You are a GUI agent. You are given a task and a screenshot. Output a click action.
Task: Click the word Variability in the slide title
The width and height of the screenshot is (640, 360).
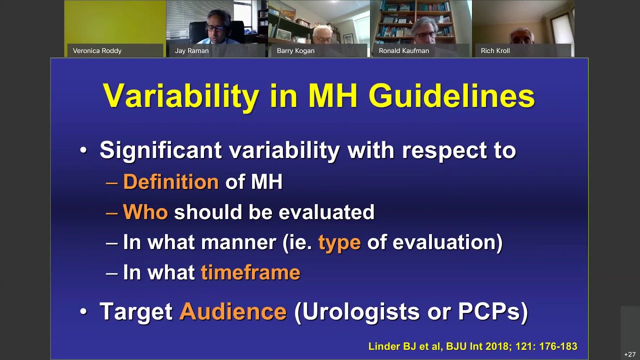180,96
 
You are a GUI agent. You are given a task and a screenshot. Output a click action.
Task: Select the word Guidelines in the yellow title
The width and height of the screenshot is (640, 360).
451,96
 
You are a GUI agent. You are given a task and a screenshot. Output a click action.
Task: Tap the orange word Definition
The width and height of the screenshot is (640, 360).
170,182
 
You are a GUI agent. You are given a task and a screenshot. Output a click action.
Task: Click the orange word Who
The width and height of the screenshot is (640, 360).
145,212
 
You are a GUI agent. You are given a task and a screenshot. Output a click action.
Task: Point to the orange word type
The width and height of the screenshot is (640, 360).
339,242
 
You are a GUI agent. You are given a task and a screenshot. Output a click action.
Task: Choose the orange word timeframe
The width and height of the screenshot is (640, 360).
250,273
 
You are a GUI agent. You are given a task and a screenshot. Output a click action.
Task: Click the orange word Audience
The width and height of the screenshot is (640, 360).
232,311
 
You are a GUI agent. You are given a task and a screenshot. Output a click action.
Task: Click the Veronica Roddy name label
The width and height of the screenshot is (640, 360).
97,50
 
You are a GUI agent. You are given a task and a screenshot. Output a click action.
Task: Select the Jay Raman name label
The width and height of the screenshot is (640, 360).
191,50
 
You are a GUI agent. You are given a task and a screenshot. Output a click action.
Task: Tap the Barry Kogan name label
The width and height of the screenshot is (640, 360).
295,50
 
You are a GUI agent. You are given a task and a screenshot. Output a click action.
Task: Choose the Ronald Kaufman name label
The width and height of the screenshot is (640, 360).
403,50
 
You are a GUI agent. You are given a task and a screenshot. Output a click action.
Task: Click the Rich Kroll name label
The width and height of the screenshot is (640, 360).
495,50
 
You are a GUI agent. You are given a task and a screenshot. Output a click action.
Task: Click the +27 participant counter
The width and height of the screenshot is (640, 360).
629,354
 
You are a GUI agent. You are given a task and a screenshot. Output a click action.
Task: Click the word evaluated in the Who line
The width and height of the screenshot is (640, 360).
326,212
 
